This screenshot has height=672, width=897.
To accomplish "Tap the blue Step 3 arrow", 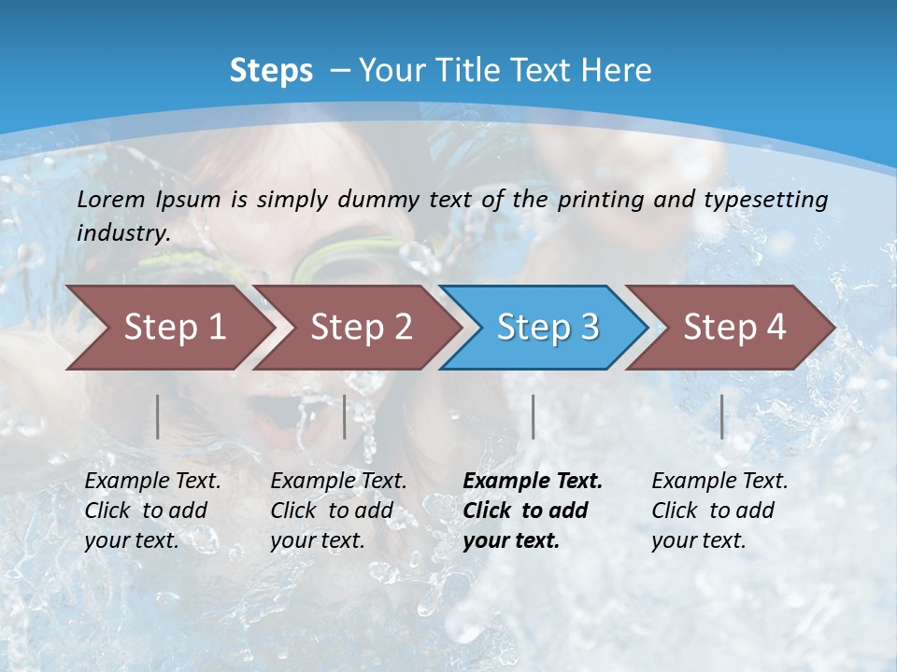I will [x=548, y=328].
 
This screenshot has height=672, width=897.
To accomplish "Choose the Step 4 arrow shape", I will [x=734, y=328].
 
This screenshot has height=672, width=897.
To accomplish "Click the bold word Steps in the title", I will [x=271, y=71].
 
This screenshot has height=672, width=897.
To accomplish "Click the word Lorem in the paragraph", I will [x=110, y=199].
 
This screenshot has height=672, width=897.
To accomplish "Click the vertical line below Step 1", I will [x=158, y=416].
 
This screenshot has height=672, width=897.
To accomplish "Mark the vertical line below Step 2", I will [x=345, y=416].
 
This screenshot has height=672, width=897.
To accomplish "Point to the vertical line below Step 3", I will [x=533, y=416].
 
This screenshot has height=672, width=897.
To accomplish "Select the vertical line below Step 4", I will [x=722, y=416].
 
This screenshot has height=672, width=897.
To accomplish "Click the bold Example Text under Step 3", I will [x=533, y=482].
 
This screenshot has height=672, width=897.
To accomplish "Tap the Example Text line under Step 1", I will [x=152, y=482].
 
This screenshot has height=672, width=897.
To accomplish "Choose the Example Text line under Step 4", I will [x=719, y=482].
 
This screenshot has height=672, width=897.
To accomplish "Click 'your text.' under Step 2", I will [x=317, y=540].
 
